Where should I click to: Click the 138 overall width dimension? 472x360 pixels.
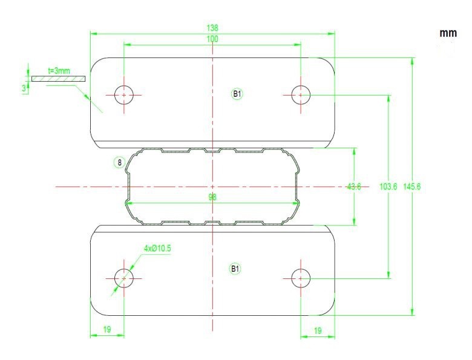(x=212, y=28)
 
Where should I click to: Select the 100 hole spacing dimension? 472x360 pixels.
(x=212, y=39)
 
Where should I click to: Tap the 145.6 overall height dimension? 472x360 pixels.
(x=412, y=186)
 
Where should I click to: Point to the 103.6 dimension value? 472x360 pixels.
(x=388, y=186)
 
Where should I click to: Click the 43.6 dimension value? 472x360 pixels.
(x=354, y=186)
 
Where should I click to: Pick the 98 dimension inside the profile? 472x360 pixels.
(x=212, y=197)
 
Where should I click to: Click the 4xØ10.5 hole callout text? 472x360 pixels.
(x=157, y=248)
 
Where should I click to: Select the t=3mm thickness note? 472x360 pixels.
(x=59, y=71)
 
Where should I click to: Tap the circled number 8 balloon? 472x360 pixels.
(x=119, y=163)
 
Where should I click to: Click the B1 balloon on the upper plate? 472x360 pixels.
(x=237, y=94)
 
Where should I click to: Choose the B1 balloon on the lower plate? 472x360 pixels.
(x=235, y=269)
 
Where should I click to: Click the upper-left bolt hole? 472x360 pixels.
(x=124, y=95)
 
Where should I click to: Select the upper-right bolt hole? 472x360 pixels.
(x=301, y=95)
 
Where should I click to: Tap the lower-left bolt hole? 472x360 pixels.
(x=124, y=278)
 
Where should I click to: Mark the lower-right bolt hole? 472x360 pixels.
(x=301, y=278)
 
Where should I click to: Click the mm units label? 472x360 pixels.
(x=448, y=33)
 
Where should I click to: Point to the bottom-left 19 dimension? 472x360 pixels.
(x=107, y=329)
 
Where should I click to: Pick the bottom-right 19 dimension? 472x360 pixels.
(x=318, y=331)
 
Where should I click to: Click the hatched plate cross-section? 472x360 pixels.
(x=59, y=79)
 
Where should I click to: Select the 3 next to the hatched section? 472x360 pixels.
(x=24, y=88)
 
